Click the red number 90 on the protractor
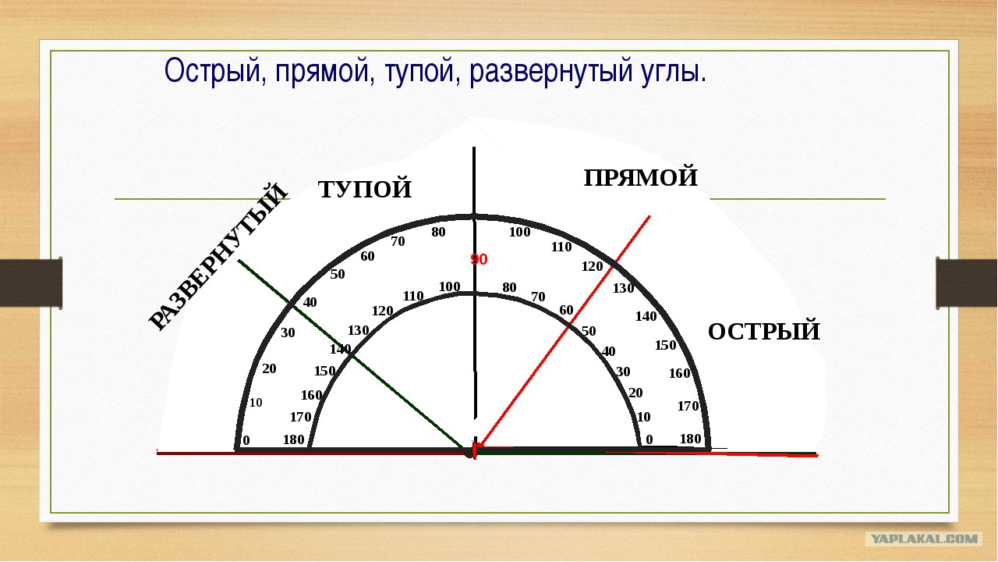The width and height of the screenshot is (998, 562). point(478,260)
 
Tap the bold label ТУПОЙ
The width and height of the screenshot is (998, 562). point(365,190)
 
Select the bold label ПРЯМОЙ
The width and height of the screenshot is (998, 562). point(640,178)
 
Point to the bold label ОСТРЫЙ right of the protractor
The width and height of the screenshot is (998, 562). point(763,332)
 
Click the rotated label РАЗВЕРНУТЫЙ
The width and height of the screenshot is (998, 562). point(218,257)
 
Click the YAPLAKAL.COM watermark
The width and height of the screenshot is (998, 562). point(925,539)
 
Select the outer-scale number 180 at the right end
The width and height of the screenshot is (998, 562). point(690,439)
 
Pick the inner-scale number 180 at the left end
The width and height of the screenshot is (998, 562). point(294,440)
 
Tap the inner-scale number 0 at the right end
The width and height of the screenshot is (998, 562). point(649,440)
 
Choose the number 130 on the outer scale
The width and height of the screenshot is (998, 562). point(623,289)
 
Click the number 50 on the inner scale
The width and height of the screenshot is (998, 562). point(588,331)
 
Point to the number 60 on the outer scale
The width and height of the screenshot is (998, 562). point(367,257)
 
